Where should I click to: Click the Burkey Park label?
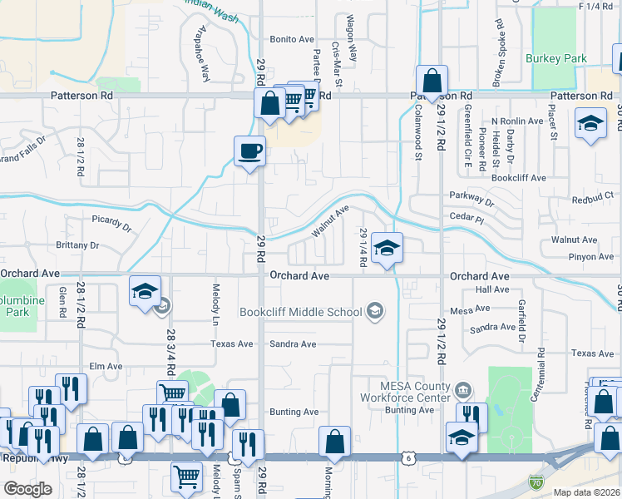[556, 59]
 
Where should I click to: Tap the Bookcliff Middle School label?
[300, 313]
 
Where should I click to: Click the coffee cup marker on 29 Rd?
[249, 151]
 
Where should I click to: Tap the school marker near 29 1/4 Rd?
[387, 248]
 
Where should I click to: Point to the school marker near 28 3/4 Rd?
[145, 292]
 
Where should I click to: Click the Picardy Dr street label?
[111, 221]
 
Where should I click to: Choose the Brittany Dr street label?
[77, 245]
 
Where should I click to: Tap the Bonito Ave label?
[290, 40]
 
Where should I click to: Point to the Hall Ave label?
[491, 289]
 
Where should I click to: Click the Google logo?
[27, 489]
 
